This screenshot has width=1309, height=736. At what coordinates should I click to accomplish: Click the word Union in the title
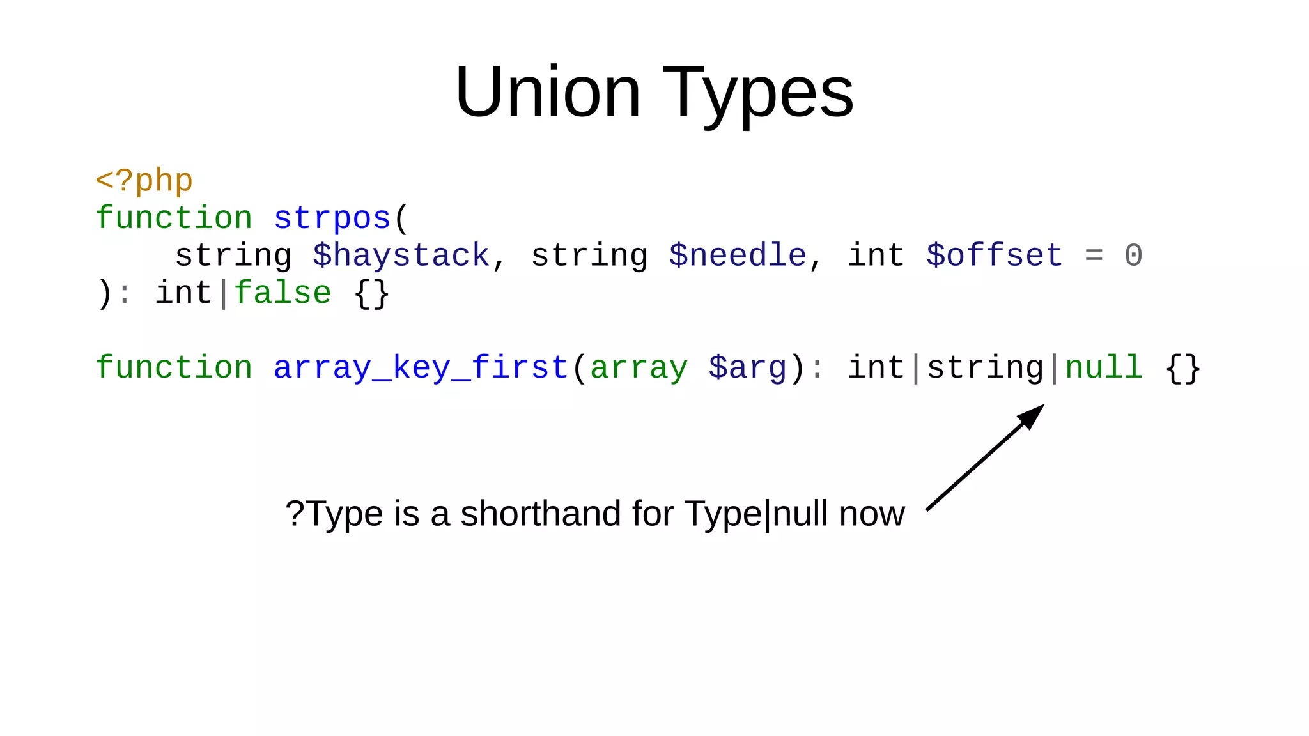pyautogui.click(x=547, y=93)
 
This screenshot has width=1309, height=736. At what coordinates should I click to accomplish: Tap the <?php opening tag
pyautogui.click(x=144, y=181)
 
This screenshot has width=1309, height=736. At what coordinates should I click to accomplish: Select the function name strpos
pyautogui.click(x=332, y=218)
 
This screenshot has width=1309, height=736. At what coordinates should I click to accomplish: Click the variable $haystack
pyautogui.click(x=401, y=256)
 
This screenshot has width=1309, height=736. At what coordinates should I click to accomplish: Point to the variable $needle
pyautogui.click(x=738, y=256)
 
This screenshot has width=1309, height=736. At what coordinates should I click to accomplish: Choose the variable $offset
pyautogui.click(x=995, y=256)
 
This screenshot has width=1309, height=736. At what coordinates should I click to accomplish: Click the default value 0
pyautogui.click(x=1133, y=256)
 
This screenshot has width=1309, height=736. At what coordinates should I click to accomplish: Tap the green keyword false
pyautogui.click(x=283, y=293)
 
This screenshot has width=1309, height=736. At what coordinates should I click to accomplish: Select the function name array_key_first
pyautogui.click(x=421, y=368)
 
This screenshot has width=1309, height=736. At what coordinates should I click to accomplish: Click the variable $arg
pyautogui.click(x=747, y=368)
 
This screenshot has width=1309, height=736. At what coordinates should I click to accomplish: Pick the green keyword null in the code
pyautogui.click(x=1104, y=368)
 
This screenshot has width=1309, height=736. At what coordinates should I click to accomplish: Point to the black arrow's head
pyautogui.click(x=1032, y=415)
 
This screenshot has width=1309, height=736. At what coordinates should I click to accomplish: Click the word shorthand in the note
pyautogui.click(x=541, y=514)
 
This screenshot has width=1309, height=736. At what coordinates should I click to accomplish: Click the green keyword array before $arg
pyautogui.click(x=639, y=368)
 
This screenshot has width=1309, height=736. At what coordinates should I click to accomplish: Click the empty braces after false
pyautogui.click(x=371, y=294)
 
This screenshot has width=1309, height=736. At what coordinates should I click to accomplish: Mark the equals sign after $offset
pyautogui.click(x=1094, y=256)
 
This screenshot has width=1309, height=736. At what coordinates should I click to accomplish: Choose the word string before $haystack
pyautogui.click(x=233, y=256)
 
